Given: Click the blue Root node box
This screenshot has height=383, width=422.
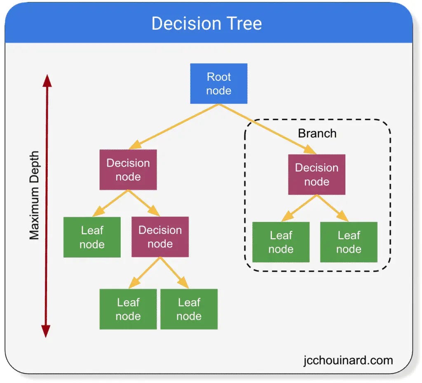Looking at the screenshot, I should pyautogui.click(x=218, y=84).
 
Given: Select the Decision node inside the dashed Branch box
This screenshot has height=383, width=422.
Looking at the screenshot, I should pyautogui.click(x=316, y=174).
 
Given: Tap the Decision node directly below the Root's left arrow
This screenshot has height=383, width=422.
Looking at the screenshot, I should pyautogui.click(x=128, y=169).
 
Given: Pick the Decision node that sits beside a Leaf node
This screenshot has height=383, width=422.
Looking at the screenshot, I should pyautogui.click(x=160, y=237).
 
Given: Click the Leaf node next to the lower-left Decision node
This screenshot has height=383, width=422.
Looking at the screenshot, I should pyautogui.click(x=92, y=237).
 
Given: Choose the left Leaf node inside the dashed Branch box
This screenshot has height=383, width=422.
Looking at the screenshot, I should pyautogui.click(x=281, y=242).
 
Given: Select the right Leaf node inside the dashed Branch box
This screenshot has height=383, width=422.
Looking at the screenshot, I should pyautogui.click(x=349, y=242).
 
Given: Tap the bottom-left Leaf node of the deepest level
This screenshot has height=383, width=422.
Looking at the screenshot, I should pyautogui.click(x=128, y=309).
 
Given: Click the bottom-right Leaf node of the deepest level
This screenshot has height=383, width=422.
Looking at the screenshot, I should pyautogui.click(x=189, y=309).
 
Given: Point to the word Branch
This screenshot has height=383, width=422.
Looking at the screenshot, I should pyautogui.click(x=317, y=134).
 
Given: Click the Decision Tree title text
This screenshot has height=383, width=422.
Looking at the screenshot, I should pyautogui.click(x=206, y=23).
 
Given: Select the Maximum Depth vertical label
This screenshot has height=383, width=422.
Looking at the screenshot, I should pyautogui.click(x=34, y=195).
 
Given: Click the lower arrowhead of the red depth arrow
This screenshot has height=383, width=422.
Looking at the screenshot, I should pyautogui.click(x=46, y=331).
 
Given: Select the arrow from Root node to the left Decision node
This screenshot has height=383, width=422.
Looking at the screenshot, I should pyautogui.click(x=175, y=126).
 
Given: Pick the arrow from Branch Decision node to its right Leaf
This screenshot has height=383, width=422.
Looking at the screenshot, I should pyautogui.click(x=333, y=208).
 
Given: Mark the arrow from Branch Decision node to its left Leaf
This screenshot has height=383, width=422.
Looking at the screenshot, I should pyautogui.click(x=300, y=208).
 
